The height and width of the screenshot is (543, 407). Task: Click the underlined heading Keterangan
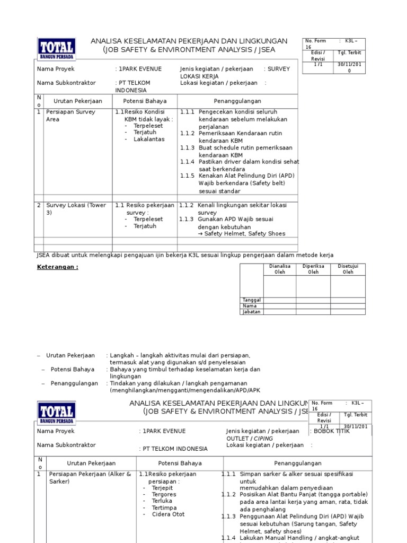(x=57, y=267)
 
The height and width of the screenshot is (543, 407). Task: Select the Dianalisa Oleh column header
(x=280, y=269)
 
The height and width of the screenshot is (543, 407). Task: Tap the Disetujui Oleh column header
(x=348, y=269)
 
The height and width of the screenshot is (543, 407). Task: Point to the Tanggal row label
(x=251, y=300)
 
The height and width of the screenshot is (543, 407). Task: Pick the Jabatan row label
(x=251, y=312)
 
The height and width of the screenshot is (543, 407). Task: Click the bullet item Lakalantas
(x=149, y=139)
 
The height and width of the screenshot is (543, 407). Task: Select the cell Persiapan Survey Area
(x=70, y=116)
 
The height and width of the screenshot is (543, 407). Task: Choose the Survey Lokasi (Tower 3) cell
(x=76, y=208)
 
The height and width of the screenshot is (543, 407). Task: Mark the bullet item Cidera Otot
(x=168, y=514)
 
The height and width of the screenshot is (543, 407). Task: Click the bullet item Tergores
(x=164, y=494)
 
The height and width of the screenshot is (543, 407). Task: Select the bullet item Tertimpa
(x=165, y=507)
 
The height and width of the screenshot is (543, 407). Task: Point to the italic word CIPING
(x=264, y=439)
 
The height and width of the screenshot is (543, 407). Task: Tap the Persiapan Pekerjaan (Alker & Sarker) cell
(x=90, y=477)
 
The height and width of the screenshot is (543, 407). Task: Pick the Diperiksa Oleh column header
(x=313, y=269)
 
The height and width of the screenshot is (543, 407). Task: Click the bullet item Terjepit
(x=164, y=488)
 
